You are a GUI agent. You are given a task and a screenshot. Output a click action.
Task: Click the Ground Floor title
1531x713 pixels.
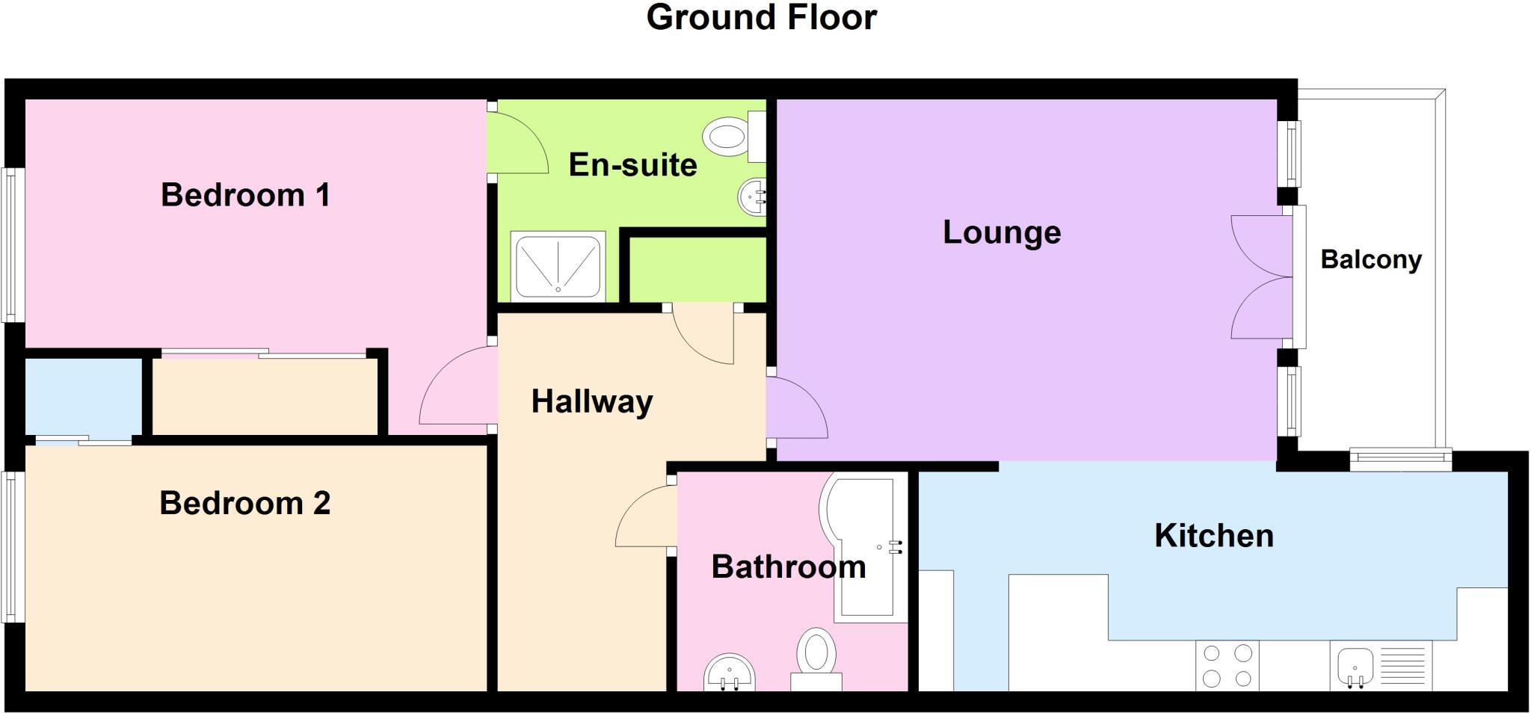pos(761,18)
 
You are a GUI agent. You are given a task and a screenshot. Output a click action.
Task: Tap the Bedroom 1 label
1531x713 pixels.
pos(245,195)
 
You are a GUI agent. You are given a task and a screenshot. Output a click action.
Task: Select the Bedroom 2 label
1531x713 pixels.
pos(244,503)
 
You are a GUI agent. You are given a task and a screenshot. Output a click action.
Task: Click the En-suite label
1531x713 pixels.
pos(632,164)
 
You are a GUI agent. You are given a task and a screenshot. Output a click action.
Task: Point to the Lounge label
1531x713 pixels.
pos(1002,232)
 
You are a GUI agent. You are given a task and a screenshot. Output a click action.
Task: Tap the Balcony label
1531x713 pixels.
pos(1371,259)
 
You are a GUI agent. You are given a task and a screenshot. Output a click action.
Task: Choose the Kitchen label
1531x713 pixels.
pos(1213,536)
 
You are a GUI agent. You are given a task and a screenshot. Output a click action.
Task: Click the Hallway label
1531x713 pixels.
pos(592,401)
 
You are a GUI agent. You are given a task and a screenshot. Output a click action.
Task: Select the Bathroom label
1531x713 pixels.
pos(789,567)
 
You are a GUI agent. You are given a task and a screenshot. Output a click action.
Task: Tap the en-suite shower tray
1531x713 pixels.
pos(558,266)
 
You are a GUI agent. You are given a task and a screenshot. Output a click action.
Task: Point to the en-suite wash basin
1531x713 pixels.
pos(753,197)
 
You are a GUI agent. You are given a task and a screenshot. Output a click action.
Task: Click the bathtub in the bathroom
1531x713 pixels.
pos(863,549)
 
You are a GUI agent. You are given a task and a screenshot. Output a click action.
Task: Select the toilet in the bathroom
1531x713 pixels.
pos(816,658)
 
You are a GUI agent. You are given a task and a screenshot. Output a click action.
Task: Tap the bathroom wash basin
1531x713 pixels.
pos(730,673)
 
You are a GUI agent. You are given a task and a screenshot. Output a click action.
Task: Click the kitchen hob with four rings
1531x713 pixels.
pos(1227,665)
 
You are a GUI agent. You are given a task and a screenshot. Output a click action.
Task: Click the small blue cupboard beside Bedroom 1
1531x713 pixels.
pos(83,396)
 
